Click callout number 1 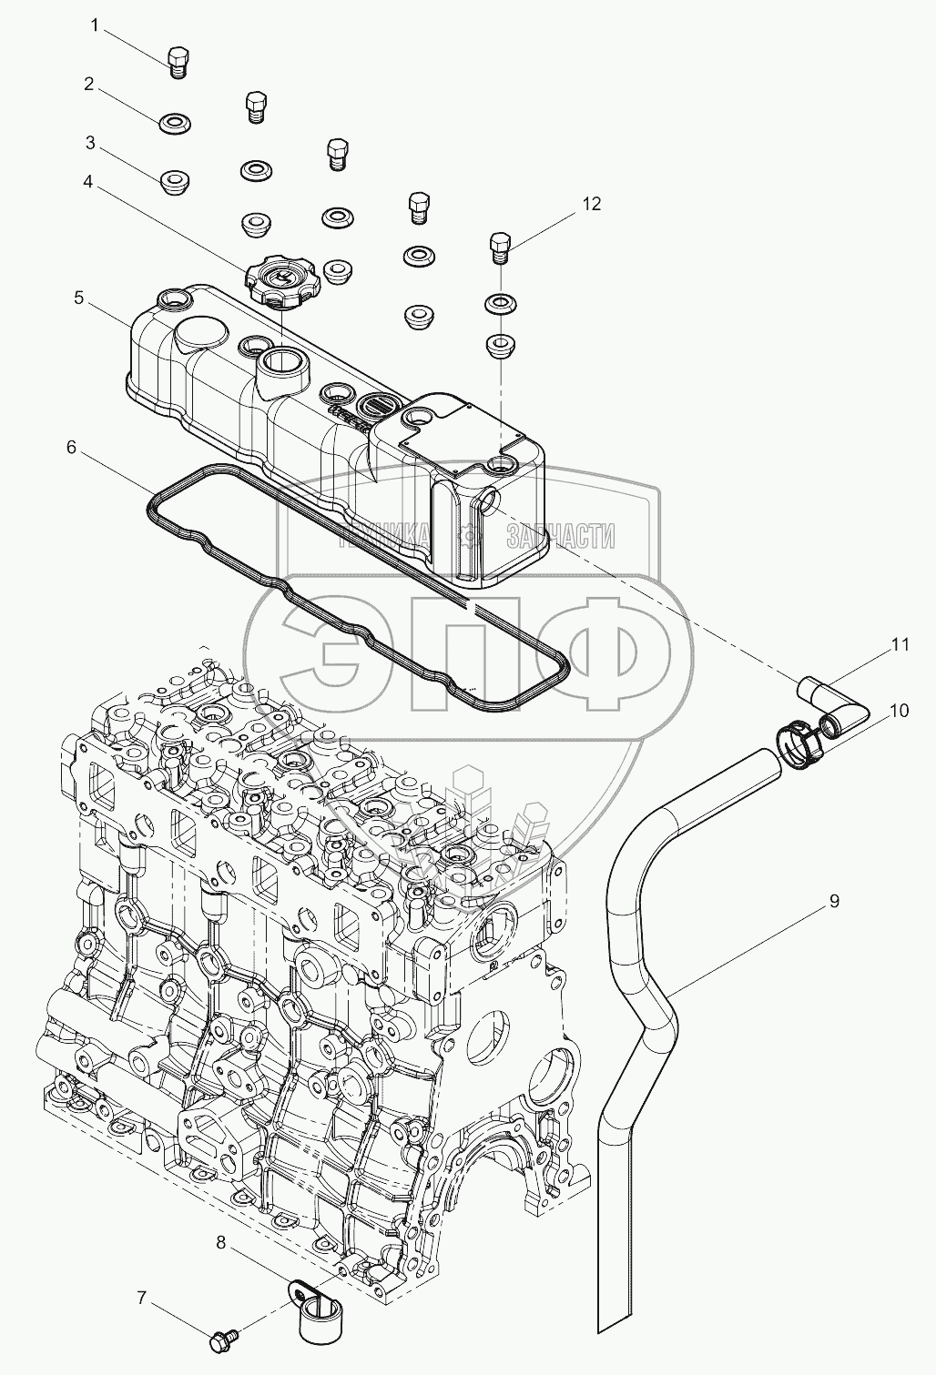94,25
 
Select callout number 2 89,84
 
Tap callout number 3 90,143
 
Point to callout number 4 88,181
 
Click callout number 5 79,298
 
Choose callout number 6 69,447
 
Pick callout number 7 141,1298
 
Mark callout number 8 221,1240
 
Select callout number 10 899,711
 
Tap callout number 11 900,644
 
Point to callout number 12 592,204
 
